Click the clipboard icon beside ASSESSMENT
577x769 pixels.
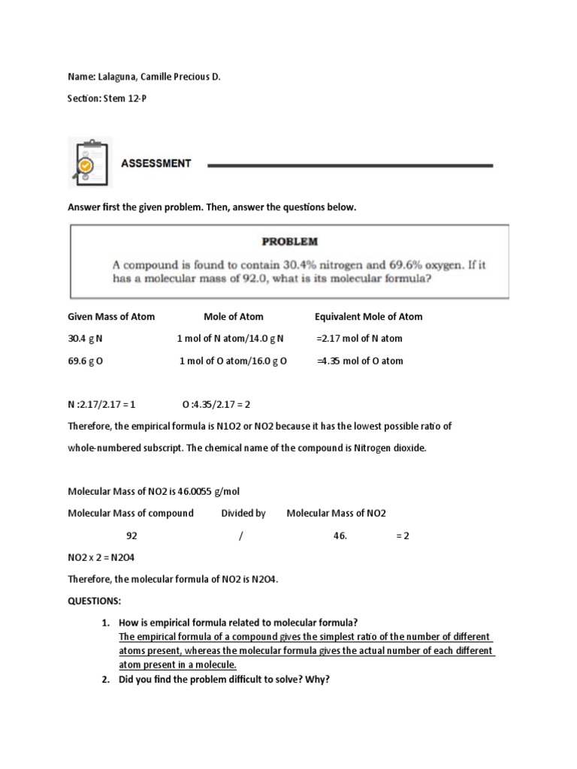click(89, 161)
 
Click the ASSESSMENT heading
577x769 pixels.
click(156, 163)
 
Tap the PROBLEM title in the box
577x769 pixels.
click(289, 242)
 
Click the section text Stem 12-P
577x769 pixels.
click(125, 98)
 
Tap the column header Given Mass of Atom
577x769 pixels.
click(111, 316)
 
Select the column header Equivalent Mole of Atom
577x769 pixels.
click(368, 316)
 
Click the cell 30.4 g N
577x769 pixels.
click(85, 339)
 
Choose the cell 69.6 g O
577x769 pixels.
click(86, 360)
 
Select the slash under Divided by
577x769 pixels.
click(241, 536)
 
